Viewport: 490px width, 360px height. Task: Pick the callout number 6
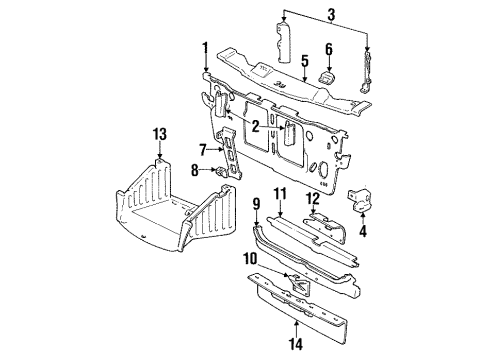(x=327, y=48)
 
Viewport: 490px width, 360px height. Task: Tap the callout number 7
(x=202, y=149)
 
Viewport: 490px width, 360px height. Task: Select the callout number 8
(x=196, y=171)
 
